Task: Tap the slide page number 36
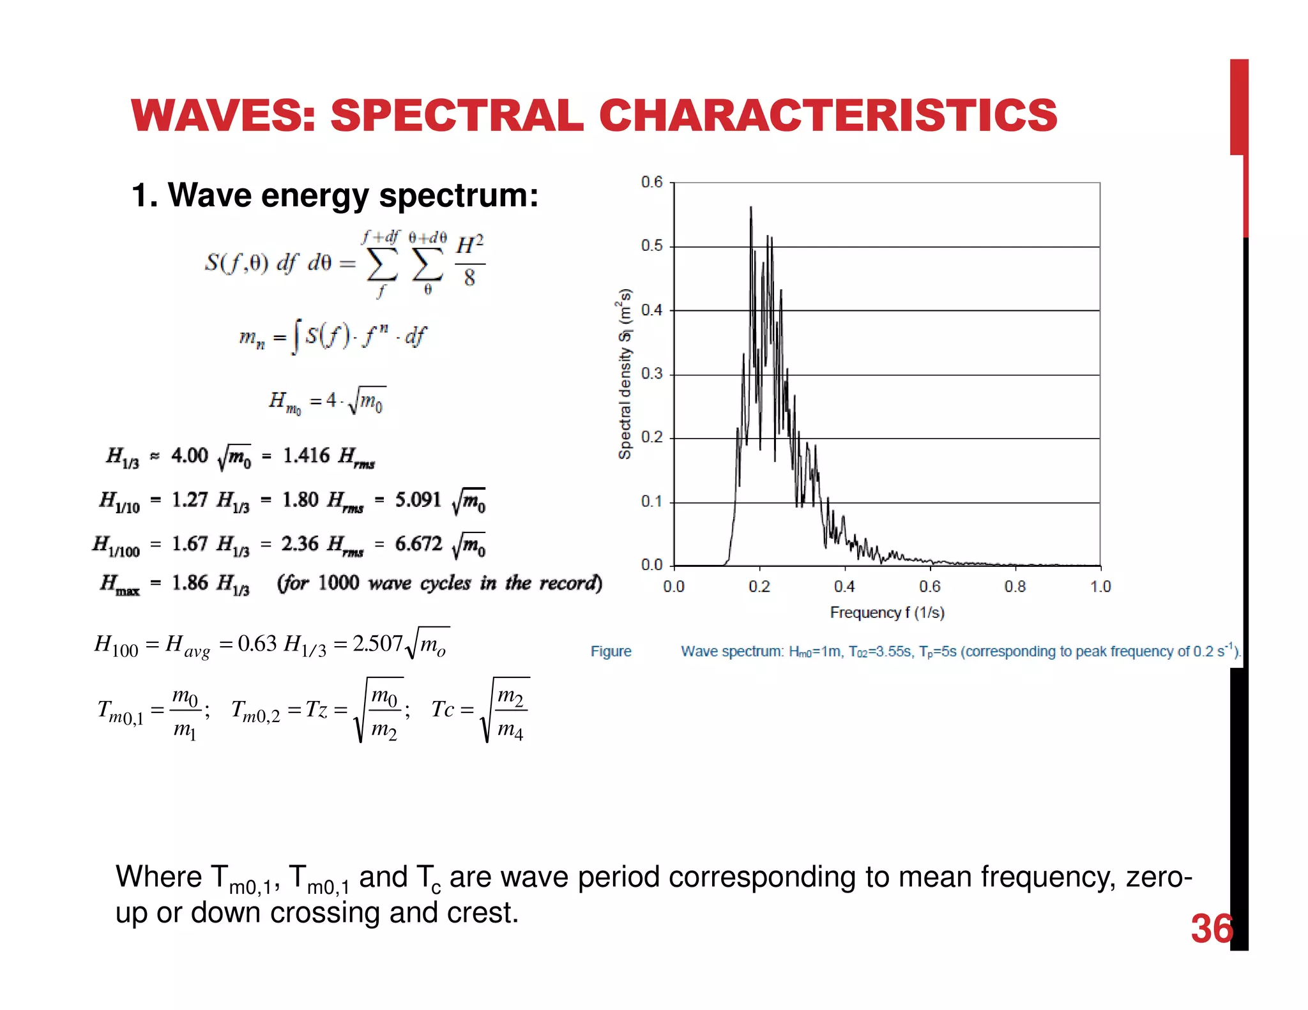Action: pos(1212,929)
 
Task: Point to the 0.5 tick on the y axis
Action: pos(651,246)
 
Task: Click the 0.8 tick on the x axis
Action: pos(1015,587)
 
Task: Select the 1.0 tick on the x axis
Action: pos(1100,587)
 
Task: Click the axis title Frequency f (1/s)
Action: pos(887,613)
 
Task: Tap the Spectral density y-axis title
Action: pos(625,374)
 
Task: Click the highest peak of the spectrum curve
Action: pos(750,207)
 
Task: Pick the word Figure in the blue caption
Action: pos(611,651)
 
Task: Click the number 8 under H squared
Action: pos(469,278)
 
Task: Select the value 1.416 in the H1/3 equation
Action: pos(307,455)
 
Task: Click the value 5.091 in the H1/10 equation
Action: pos(418,499)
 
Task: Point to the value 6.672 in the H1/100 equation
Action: pos(418,544)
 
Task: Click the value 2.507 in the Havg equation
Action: pos(377,644)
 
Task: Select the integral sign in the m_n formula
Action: pos(294,336)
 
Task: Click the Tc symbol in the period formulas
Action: pos(443,709)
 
